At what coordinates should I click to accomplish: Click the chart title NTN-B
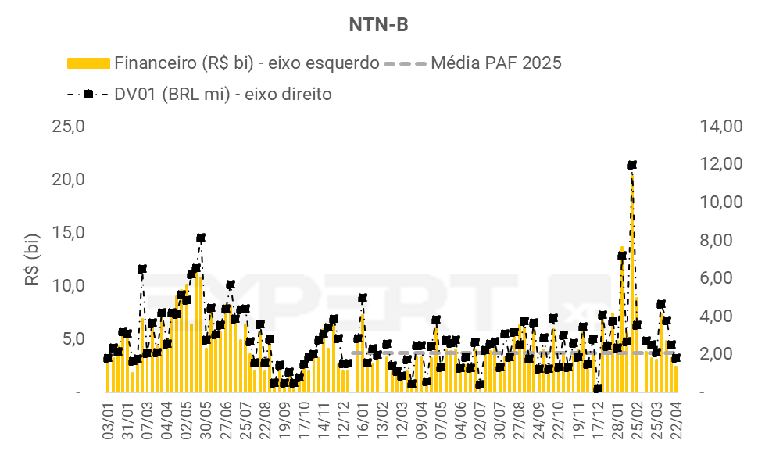[x=378, y=25]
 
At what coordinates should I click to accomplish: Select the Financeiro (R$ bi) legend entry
[x=223, y=63]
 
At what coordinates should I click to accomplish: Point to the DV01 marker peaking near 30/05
[x=201, y=238]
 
